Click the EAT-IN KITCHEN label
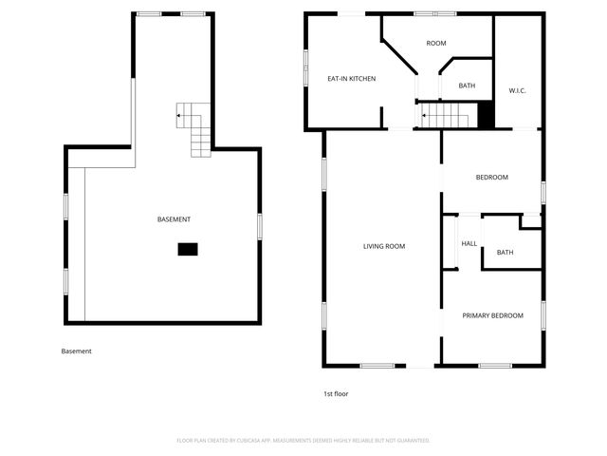pyautogui.click(x=352, y=79)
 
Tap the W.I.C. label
pyautogui.click(x=517, y=90)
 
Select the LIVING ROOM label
pyautogui.click(x=384, y=246)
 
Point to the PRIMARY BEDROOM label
pyautogui.click(x=492, y=315)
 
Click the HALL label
pyautogui.click(x=469, y=243)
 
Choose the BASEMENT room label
pyautogui.click(x=174, y=219)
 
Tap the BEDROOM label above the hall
pyautogui.click(x=491, y=178)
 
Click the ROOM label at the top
pyautogui.click(x=436, y=44)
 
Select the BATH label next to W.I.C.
pyautogui.click(x=467, y=85)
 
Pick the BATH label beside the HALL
pyautogui.click(x=505, y=252)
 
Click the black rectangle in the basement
pyautogui.click(x=188, y=249)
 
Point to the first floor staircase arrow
pyautogui.click(x=426, y=117)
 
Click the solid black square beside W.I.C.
pyautogui.click(x=486, y=115)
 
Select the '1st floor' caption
pyautogui.click(x=336, y=393)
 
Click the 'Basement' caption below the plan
pyautogui.click(x=77, y=351)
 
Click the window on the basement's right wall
pyautogui.click(x=260, y=226)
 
